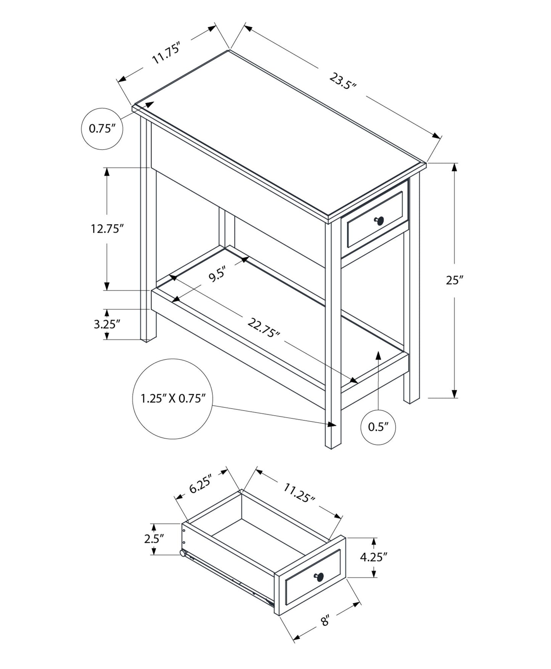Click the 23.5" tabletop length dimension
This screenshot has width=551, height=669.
[x=342, y=81]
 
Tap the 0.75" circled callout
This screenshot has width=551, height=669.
[x=102, y=129]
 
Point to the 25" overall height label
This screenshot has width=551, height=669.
[x=455, y=280]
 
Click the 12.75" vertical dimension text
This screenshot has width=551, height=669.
[x=107, y=229]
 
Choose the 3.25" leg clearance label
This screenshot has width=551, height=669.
[x=107, y=324]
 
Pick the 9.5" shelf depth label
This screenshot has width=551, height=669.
[x=218, y=275]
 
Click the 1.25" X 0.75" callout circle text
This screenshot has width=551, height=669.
[x=173, y=399]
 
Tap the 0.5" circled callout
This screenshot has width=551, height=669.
[x=378, y=427]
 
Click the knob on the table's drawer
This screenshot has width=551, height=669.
[x=379, y=220]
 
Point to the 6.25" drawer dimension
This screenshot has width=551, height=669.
[x=200, y=484]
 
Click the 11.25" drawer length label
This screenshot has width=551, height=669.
[x=299, y=492]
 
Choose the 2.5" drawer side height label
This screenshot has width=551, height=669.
[x=154, y=539]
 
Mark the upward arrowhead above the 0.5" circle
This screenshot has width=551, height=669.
[x=378, y=355]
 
